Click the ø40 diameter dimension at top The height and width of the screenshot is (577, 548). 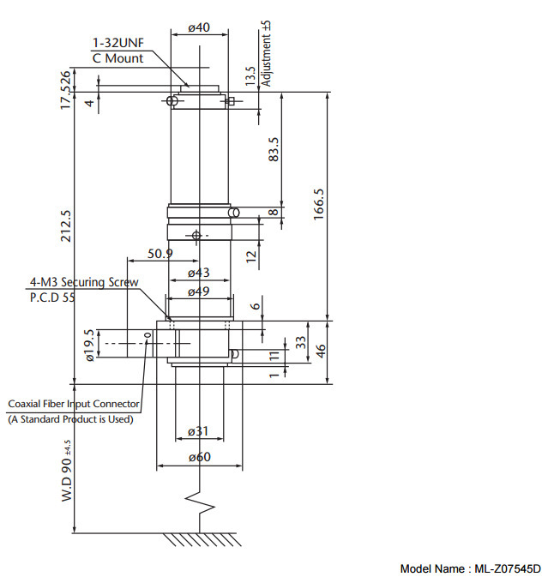(199, 27)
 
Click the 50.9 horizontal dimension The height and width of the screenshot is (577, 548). (160, 254)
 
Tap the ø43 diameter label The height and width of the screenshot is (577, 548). (199, 273)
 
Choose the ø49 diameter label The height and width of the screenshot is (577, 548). (199, 292)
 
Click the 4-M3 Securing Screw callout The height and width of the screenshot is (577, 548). (84, 281)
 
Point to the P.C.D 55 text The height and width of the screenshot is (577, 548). (59, 297)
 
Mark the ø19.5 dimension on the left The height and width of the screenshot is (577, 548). (89, 345)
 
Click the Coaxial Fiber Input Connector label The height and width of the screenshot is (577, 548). (74, 403)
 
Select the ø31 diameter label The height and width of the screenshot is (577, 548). (199, 431)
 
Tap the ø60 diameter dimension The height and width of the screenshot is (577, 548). (199, 458)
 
